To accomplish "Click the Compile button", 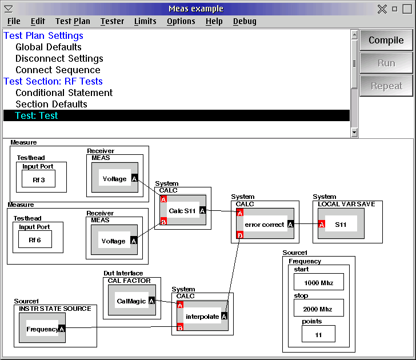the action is (x=386, y=40).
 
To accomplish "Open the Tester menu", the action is (x=112, y=21).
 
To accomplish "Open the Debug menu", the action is (x=245, y=21).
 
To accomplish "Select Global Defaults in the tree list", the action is (x=49, y=47).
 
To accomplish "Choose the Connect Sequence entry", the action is (x=58, y=70).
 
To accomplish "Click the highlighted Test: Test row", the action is (x=177, y=115).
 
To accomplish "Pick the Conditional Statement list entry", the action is (x=64, y=93).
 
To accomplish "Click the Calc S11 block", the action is (x=183, y=210).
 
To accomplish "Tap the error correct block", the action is (x=265, y=223).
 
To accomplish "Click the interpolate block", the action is (x=202, y=315).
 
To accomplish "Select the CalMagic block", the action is (x=132, y=300).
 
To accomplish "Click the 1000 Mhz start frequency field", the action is (x=319, y=282).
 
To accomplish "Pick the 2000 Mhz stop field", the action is (x=319, y=308).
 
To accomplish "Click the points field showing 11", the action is (x=318, y=334).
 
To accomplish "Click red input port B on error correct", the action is (x=240, y=235).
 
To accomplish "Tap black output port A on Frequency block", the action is (x=62, y=329).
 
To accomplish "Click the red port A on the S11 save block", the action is (x=322, y=225).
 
